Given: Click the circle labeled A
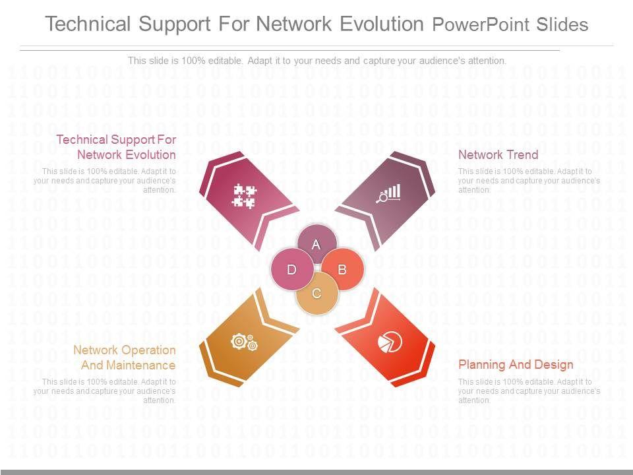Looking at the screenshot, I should point(316,244).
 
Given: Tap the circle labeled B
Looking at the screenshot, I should point(342,269).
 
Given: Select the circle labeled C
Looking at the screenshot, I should point(316,293).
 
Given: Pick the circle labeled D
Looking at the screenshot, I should point(291,269).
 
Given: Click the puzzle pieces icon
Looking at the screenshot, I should point(245,196).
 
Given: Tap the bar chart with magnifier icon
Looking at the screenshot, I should point(388,193).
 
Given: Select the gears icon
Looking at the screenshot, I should point(244,342).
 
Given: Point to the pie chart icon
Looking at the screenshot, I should point(390,342).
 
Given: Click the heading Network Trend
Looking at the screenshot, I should point(498,155).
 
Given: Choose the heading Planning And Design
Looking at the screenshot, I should point(516,365).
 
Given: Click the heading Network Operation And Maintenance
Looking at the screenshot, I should point(124,358).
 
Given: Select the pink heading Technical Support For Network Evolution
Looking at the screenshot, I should point(116,147).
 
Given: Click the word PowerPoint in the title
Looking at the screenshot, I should point(480,25).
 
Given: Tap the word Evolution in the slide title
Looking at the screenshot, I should point(382,24).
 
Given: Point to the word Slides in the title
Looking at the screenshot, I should point(561,25).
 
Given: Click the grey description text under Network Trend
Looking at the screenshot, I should point(529,180).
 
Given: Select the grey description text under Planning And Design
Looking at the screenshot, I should point(529,391).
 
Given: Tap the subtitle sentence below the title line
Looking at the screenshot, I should point(316,61).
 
